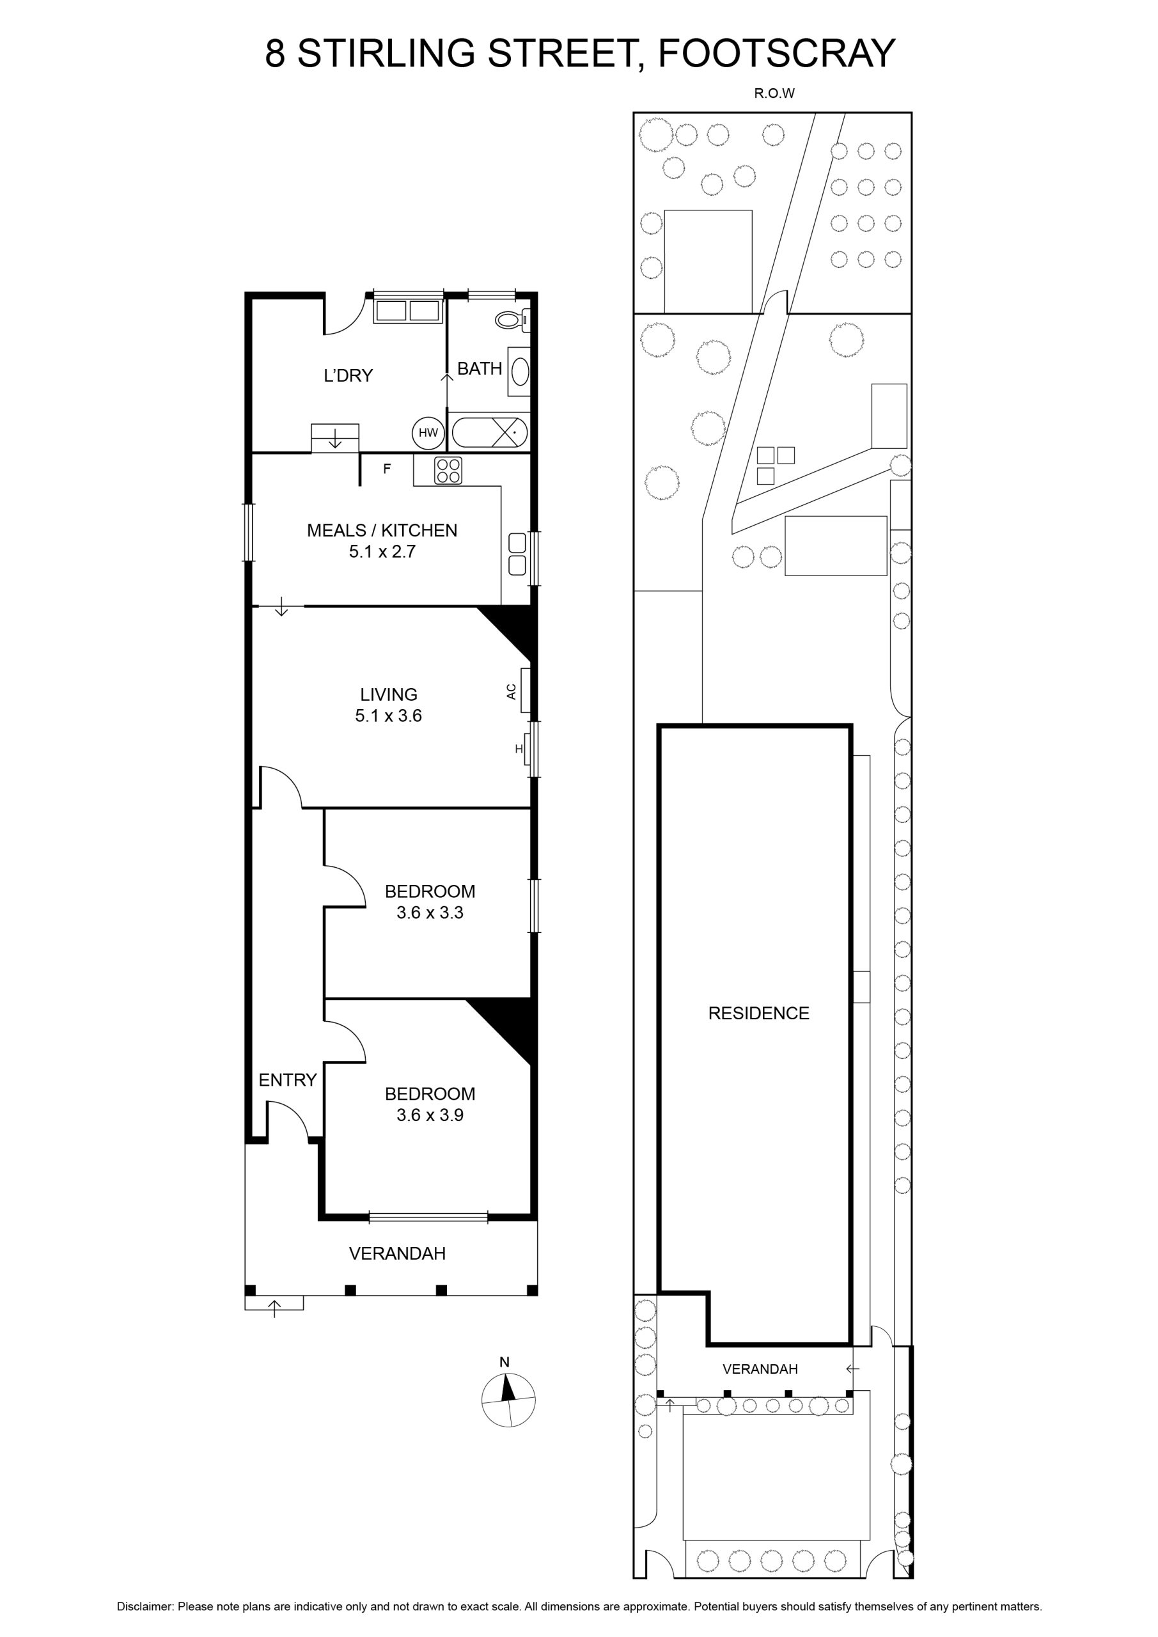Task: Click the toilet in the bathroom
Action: coord(513,320)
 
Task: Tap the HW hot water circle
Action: coord(428,433)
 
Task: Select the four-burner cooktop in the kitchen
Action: coord(448,471)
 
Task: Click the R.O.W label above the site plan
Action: coord(774,93)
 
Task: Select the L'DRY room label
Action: coord(348,376)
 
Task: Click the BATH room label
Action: coord(479,368)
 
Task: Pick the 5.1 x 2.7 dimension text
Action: coord(382,551)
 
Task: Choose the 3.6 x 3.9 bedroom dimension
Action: coord(430,1115)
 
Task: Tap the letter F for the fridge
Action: coord(387,469)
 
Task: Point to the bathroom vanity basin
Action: coord(520,371)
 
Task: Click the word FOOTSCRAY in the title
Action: coord(776,54)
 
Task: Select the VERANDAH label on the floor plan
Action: coord(397,1253)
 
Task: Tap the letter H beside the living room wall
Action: coord(519,749)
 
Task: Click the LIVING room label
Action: coord(389,694)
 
